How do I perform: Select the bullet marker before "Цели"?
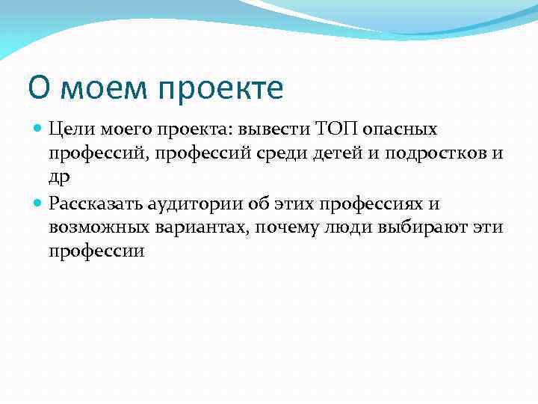click(39, 129)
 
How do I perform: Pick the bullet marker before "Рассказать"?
click(39, 202)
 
